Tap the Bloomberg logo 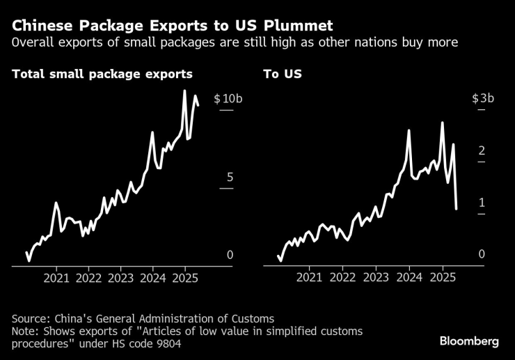[469, 341]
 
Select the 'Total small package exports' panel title [102, 73]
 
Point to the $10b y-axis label [228, 99]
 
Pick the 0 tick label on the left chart [230, 255]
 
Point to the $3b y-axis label [482, 99]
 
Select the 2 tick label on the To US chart [481, 151]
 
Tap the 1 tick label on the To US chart [481, 203]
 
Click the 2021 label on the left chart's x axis [56, 278]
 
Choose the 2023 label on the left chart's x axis [120, 278]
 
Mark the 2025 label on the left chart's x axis [184, 278]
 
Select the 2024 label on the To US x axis [409, 278]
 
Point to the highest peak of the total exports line [184, 91]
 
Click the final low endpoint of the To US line [456, 208]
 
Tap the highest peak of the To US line [442, 123]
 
